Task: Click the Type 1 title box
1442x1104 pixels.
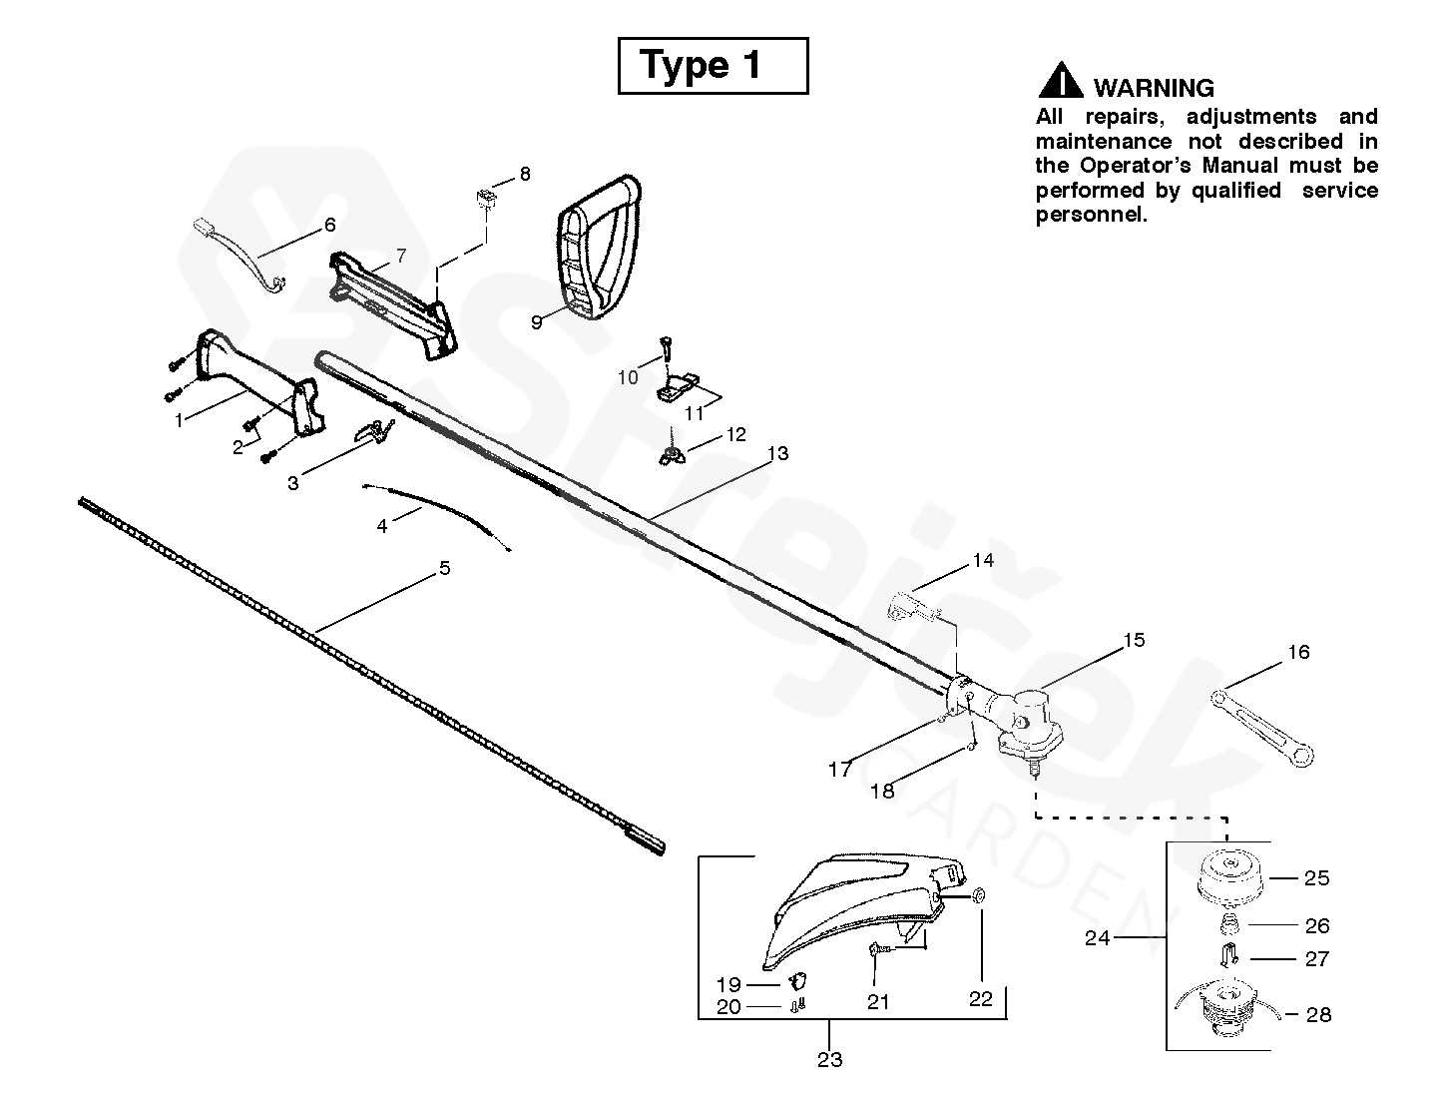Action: point(713,66)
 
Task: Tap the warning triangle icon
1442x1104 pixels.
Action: point(1060,81)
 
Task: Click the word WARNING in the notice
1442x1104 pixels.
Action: point(1154,88)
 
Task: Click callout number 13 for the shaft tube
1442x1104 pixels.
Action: point(777,454)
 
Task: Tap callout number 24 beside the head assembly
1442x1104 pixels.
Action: point(1098,937)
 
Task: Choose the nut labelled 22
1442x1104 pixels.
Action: point(978,894)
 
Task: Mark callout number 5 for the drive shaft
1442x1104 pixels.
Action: point(444,569)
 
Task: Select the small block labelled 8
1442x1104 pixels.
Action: point(485,196)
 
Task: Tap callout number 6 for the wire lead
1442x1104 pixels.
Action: point(329,225)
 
